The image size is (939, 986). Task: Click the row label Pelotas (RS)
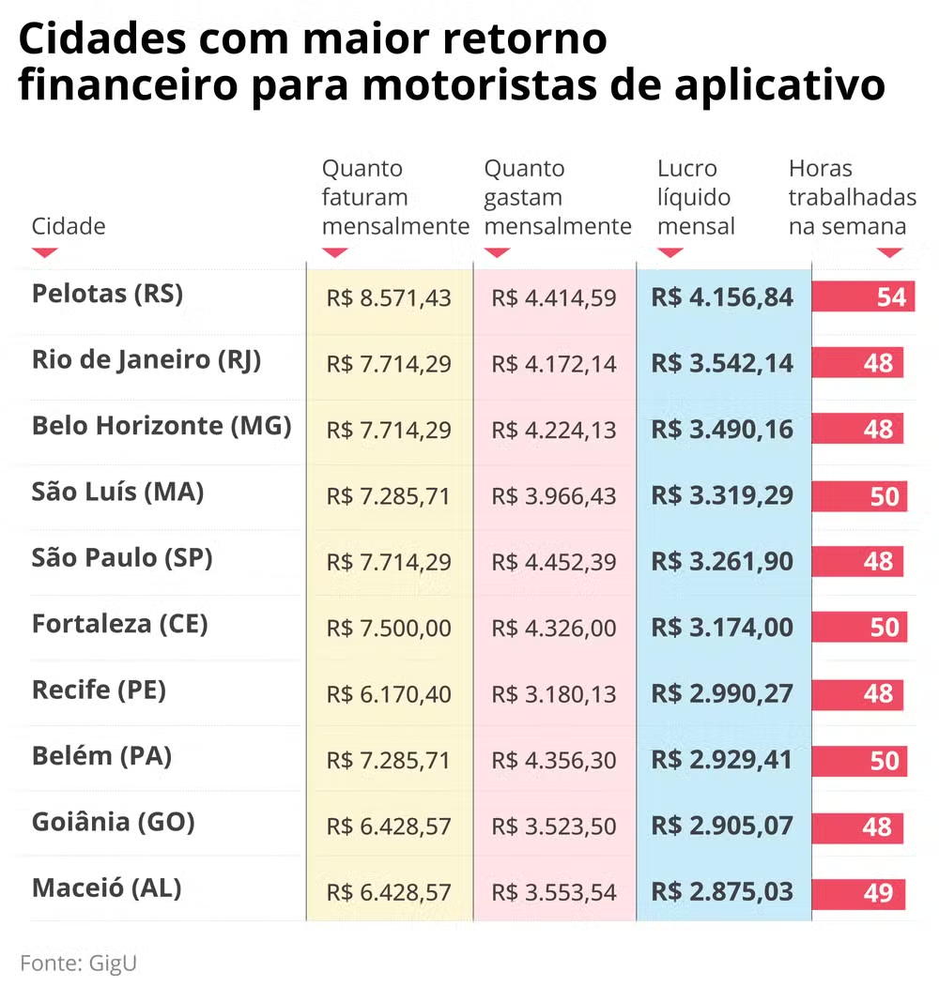tap(107, 295)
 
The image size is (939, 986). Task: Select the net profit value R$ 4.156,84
tap(722, 298)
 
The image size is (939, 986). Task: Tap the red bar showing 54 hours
tap(863, 297)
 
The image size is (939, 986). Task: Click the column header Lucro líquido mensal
tap(696, 198)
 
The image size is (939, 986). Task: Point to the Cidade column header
tap(69, 226)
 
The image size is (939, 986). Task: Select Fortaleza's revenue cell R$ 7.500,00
tap(389, 629)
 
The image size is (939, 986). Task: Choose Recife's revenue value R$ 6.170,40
tap(389, 694)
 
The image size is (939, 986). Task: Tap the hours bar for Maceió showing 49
tap(858, 893)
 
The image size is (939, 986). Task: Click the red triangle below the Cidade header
tap(45, 252)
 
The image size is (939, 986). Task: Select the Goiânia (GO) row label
tap(113, 823)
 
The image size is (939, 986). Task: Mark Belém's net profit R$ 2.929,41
tap(722, 760)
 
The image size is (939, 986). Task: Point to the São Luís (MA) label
tap(117, 492)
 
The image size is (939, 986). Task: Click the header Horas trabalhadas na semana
tap(852, 198)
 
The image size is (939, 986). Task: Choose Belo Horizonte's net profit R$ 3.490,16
tap(722, 430)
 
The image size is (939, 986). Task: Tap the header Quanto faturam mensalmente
tap(394, 198)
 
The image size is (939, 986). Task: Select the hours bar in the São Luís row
tap(859, 495)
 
